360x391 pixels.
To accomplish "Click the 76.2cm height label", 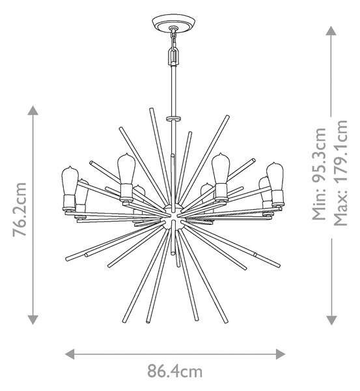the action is tap(20, 209).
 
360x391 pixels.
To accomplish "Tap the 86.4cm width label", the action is tap(174, 371).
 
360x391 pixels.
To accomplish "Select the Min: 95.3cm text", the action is tap(319, 174).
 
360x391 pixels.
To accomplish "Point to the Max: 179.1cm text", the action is tap(340, 173).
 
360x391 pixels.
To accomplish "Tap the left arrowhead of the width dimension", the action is tap(70, 354).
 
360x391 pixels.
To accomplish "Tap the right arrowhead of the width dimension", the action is tap(281, 354).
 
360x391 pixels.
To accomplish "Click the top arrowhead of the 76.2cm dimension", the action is tap(33, 110).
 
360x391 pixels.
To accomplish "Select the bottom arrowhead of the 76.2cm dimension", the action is tap(33, 320).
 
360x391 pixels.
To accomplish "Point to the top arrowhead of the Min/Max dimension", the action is tap(331, 31).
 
